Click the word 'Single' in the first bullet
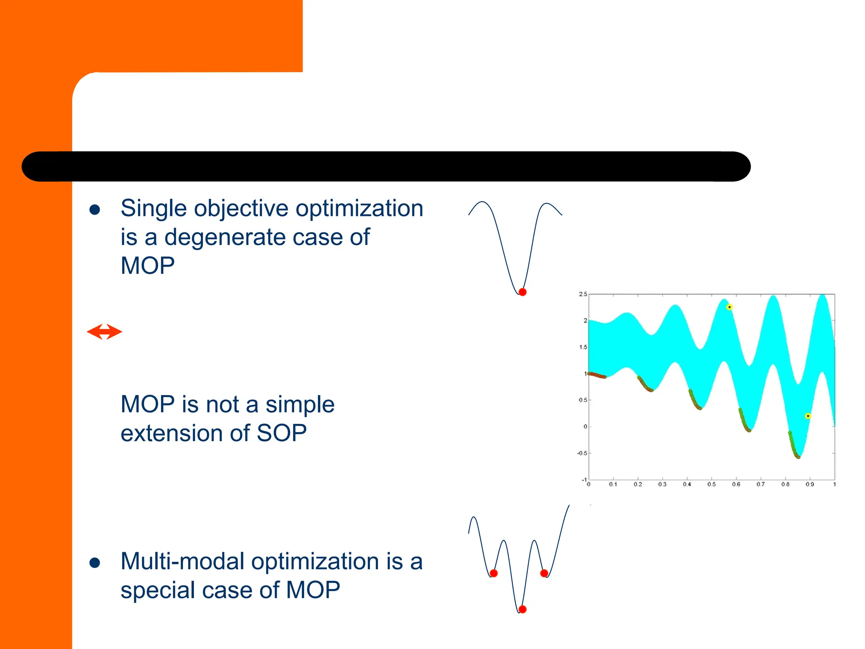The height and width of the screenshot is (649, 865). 153,209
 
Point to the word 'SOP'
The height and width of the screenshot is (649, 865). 281,434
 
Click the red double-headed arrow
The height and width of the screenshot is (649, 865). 104,332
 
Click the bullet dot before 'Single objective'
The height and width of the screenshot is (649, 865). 95,210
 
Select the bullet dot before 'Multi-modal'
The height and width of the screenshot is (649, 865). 95,563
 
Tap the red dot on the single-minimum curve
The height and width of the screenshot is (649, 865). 522,292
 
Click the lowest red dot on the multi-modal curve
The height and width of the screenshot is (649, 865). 522,609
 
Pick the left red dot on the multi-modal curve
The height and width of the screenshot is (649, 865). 494,573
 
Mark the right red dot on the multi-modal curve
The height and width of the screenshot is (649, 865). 544,573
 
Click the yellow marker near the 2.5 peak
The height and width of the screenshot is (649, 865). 729,307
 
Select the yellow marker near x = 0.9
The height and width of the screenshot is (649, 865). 808,416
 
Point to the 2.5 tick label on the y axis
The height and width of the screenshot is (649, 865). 583,294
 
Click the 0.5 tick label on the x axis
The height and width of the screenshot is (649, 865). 712,485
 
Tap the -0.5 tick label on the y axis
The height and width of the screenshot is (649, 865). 582,453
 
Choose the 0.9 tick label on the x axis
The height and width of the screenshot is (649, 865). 810,485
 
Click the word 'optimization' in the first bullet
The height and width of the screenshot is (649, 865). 359,209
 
